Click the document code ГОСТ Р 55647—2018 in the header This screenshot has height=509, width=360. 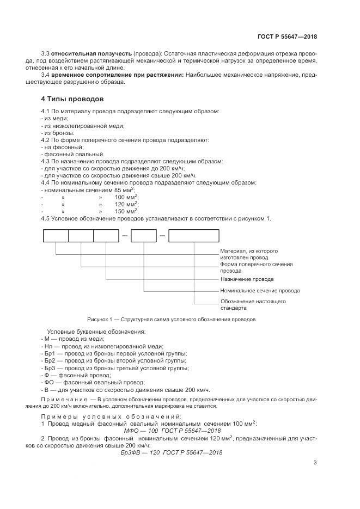coord(287,38)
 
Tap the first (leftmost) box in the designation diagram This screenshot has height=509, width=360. coord(56,236)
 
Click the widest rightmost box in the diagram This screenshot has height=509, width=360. coord(193,236)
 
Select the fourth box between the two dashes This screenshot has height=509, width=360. coord(144,236)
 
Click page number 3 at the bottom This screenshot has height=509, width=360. coord(315,463)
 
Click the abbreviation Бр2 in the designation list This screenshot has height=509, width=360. coord(50,360)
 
